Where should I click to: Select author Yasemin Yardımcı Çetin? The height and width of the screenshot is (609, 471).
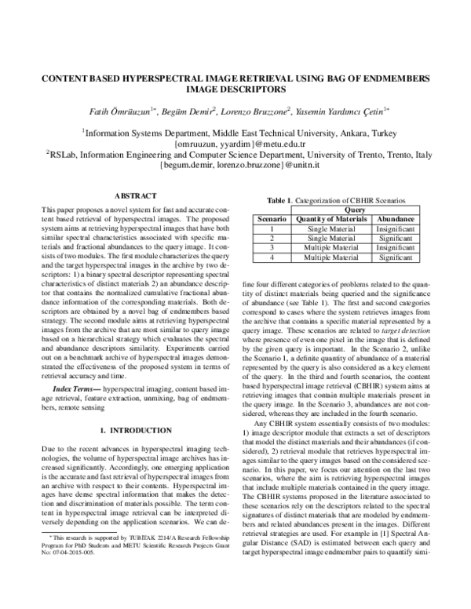[343, 112]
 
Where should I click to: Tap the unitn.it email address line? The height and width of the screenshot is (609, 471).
[235, 167]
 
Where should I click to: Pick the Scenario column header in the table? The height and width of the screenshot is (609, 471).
[272, 218]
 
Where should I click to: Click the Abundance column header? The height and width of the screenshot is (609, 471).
[396, 218]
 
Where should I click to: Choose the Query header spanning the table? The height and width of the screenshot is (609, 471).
[355, 210]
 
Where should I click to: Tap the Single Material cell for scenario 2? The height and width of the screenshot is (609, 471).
[331, 237]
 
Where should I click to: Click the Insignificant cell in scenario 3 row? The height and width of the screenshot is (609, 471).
[396, 246]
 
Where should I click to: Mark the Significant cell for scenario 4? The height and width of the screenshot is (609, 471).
[396, 256]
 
